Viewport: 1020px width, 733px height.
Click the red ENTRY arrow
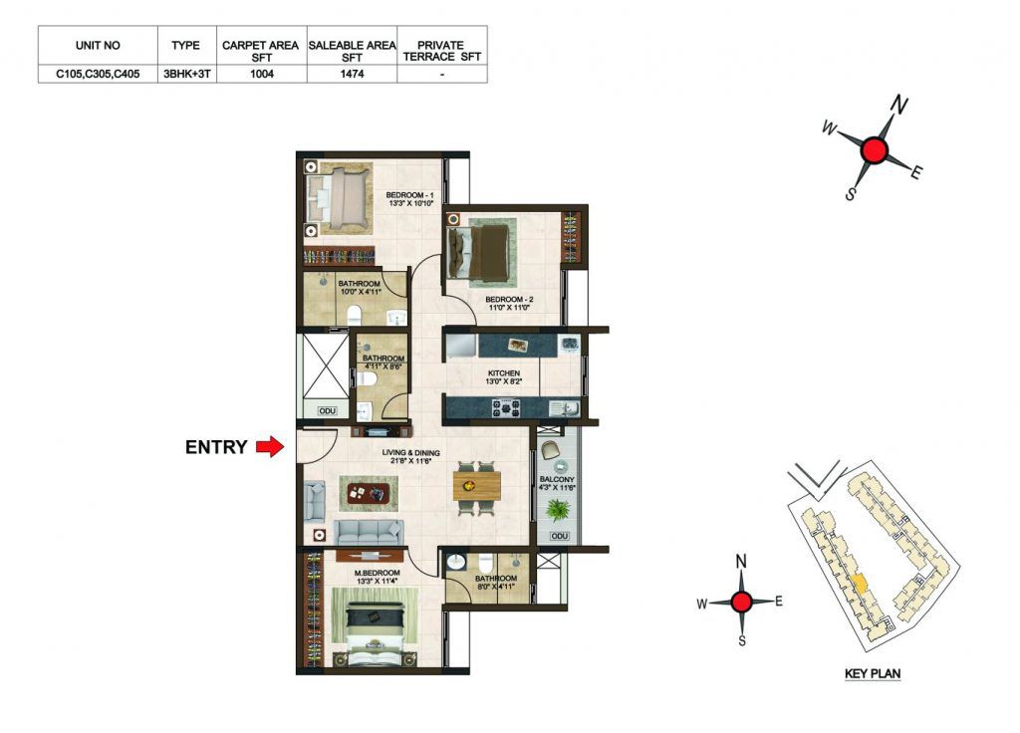(x=270, y=447)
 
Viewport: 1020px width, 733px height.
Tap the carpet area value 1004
(x=262, y=74)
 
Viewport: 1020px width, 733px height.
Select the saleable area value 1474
(x=352, y=74)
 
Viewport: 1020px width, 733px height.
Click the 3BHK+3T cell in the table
(x=186, y=74)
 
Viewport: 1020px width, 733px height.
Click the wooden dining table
(x=477, y=486)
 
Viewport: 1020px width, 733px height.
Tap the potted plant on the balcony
(x=558, y=510)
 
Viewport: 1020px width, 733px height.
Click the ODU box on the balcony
(x=560, y=536)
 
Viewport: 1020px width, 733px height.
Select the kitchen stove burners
(x=505, y=408)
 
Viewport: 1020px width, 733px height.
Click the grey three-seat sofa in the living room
(x=369, y=532)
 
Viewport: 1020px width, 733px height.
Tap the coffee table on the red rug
(x=368, y=493)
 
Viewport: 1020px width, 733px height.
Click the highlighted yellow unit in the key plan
(x=860, y=583)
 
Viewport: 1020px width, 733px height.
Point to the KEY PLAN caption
(x=873, y=674)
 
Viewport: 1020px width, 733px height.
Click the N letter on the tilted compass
(x=899, y=104)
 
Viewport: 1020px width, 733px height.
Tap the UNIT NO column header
(x=98, y=46)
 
